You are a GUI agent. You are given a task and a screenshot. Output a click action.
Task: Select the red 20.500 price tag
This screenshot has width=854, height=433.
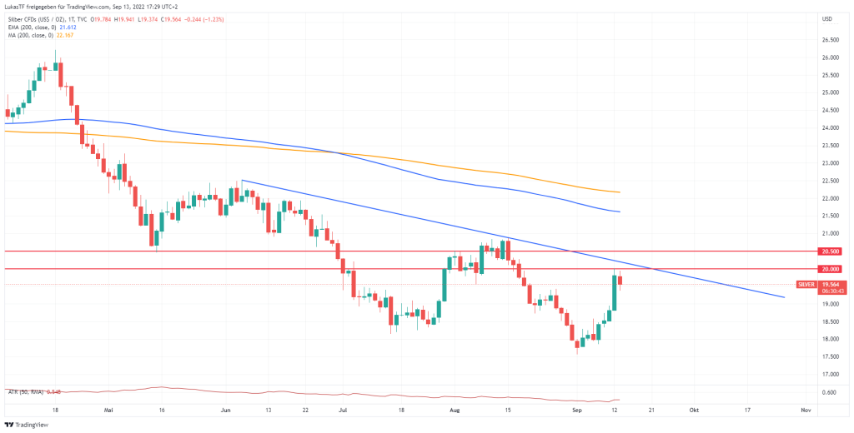[x=830, y=251]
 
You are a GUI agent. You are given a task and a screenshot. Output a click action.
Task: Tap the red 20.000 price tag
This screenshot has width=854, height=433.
[x=830, y=269]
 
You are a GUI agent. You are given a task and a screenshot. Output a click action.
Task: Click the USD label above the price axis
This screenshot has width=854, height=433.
[x=827, y=18]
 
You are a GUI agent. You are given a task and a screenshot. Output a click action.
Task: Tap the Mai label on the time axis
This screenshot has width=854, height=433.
[x=108, y=411]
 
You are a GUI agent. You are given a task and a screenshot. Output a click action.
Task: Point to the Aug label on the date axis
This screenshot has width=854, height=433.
[x=454, y=411]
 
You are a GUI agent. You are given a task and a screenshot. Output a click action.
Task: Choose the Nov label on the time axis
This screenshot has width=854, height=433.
[x=806, y=411]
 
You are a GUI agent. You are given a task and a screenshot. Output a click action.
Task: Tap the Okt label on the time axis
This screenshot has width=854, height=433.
[x=694, y=411]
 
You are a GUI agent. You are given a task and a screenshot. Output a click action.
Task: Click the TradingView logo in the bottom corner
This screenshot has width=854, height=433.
[x=29, y=424]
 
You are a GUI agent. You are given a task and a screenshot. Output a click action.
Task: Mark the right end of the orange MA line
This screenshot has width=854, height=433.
[x=619, y=192]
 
